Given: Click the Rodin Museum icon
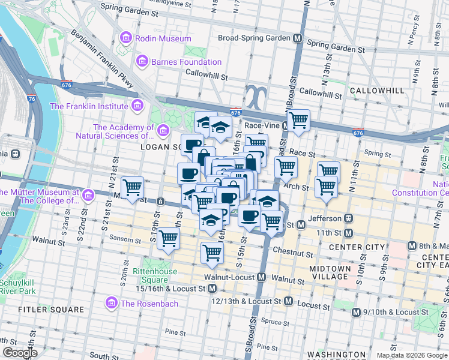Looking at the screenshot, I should click(x=125, y=38).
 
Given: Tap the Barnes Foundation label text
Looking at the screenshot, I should click(x=186, y=62).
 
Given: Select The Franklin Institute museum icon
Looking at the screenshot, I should click(x=137, y=106).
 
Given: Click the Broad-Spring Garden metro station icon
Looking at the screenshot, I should click(x=297, y=38).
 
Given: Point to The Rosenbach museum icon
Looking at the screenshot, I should click(x=111, y=303).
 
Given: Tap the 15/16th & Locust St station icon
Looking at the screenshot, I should click(x=212, y=289).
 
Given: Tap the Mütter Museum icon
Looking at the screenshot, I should click(x=89, y=196).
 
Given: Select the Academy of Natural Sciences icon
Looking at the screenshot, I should click(x=162, y=130).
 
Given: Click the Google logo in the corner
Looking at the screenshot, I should click(x=20, y=353).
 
